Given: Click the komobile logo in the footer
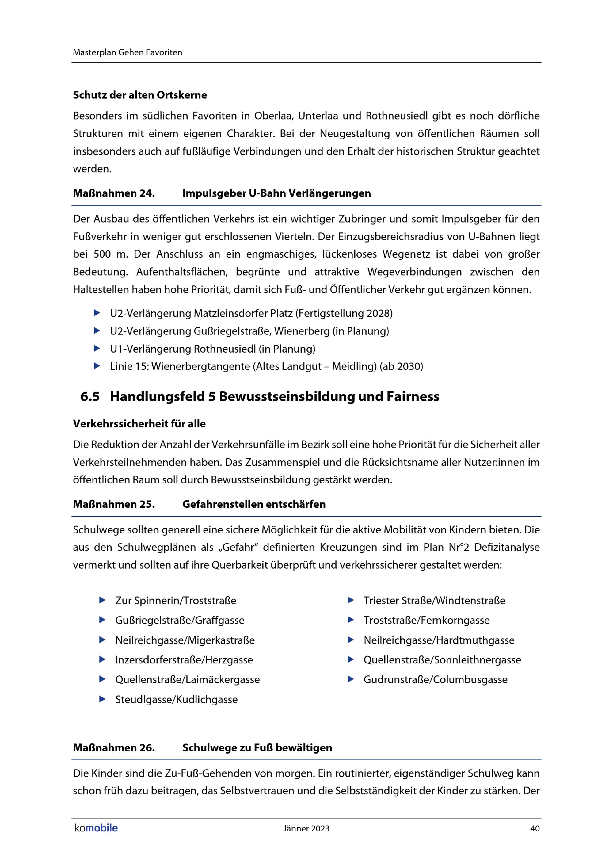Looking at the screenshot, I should point(96,828).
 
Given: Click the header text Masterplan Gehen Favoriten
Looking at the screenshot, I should point(127,52).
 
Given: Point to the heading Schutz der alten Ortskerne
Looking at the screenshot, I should point(140,95).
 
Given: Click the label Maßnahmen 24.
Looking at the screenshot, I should point(114,193).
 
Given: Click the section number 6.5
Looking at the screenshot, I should point(90,396).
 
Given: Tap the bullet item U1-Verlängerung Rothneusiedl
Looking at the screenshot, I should point(212,349).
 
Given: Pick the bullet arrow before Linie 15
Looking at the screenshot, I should point(97,366).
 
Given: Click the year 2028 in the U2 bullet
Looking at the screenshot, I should point(378,313).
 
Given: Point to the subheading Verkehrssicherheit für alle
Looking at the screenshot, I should point(139,424).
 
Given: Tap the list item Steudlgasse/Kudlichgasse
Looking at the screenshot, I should point(176,700).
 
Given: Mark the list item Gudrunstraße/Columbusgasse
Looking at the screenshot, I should point(435,680).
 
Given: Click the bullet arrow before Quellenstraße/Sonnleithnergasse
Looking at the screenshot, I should point(351,660).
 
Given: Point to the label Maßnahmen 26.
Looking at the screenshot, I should point(114,748).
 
